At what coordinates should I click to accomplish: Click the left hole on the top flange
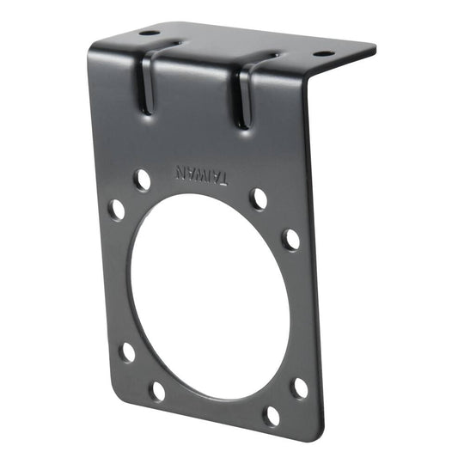[150, 33]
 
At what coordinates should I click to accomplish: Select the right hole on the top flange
[323, 53]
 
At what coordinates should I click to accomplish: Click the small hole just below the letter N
[143, 180]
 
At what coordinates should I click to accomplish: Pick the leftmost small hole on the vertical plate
[116, 209]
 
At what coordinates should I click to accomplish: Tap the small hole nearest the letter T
[259, 198]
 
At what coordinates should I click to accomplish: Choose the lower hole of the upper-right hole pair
[291, 240]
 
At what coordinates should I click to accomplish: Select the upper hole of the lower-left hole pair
[127, 351]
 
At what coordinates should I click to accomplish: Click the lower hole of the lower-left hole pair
[158, 391]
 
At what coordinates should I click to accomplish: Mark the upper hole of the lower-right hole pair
[300, 388]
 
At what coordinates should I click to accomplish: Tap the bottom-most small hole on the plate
[272, 416]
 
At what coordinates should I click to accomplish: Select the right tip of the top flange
[375, 50]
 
